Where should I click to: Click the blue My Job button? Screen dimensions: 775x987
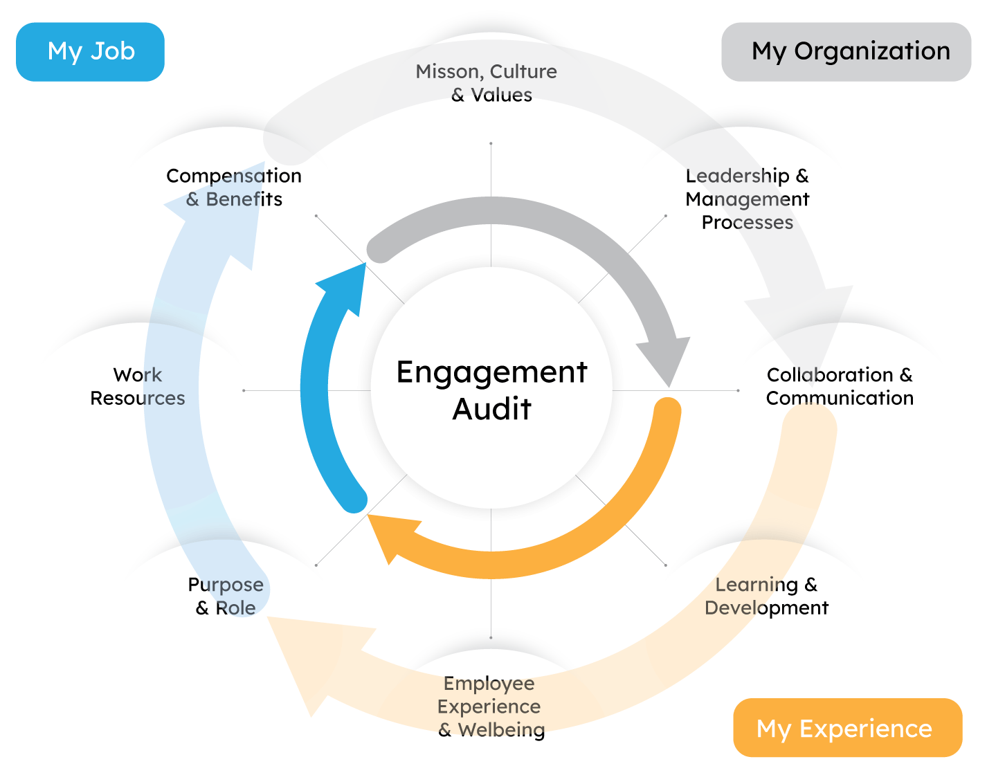90,52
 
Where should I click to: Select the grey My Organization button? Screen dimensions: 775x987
846,52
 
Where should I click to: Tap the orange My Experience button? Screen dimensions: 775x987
847,727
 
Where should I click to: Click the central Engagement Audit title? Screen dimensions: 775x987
491,390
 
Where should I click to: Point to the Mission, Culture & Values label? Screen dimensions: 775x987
487,83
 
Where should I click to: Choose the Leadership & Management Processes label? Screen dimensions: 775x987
747,199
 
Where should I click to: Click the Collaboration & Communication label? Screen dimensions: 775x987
840,386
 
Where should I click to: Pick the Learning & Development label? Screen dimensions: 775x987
766,596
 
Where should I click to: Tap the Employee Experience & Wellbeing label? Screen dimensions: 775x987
490,706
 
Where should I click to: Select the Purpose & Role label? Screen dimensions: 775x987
226,596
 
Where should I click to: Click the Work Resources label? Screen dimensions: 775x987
138,386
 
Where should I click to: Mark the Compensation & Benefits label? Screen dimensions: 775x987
234,187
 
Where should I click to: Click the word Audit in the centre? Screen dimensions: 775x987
491,409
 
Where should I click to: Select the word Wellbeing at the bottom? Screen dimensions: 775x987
501,730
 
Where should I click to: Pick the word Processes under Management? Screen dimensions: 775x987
748,222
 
